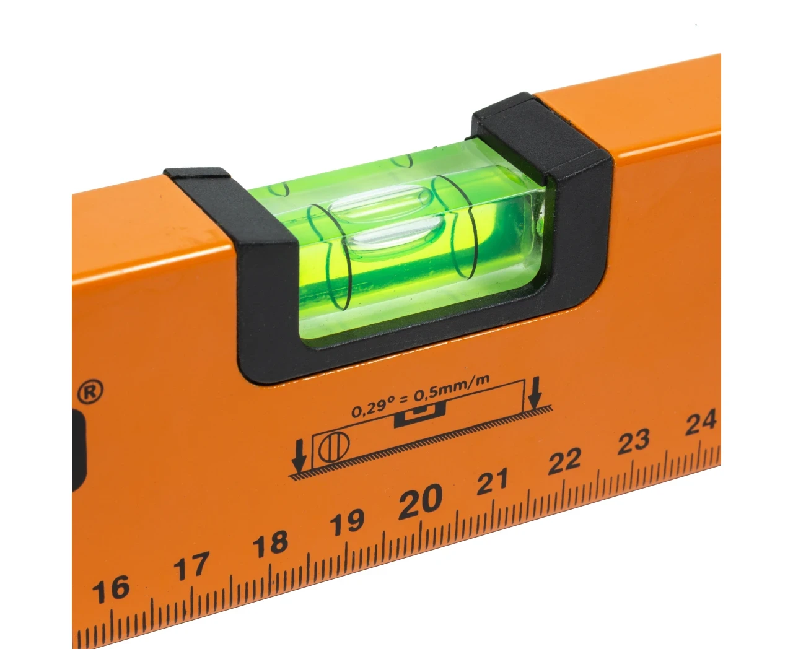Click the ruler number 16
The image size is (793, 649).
pyautogui.click(x=112, y=590)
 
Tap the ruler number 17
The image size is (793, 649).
pyautogui.click(x=191, y=566)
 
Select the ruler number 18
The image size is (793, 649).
pyautogui.click(x=270, y=544)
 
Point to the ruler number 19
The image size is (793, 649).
pyautogui.click(x=347, y=522)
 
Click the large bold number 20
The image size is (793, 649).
pyautogui.click(x=420, y=501)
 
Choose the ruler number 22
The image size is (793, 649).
pyautogui.click(x=564, y=461)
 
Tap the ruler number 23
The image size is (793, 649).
pyautogui.click(x=634, y=441)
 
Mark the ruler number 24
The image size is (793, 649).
pyautogui.click(x=701, y=422)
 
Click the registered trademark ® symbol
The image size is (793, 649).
pyautogui.click(x=90, y=392)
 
